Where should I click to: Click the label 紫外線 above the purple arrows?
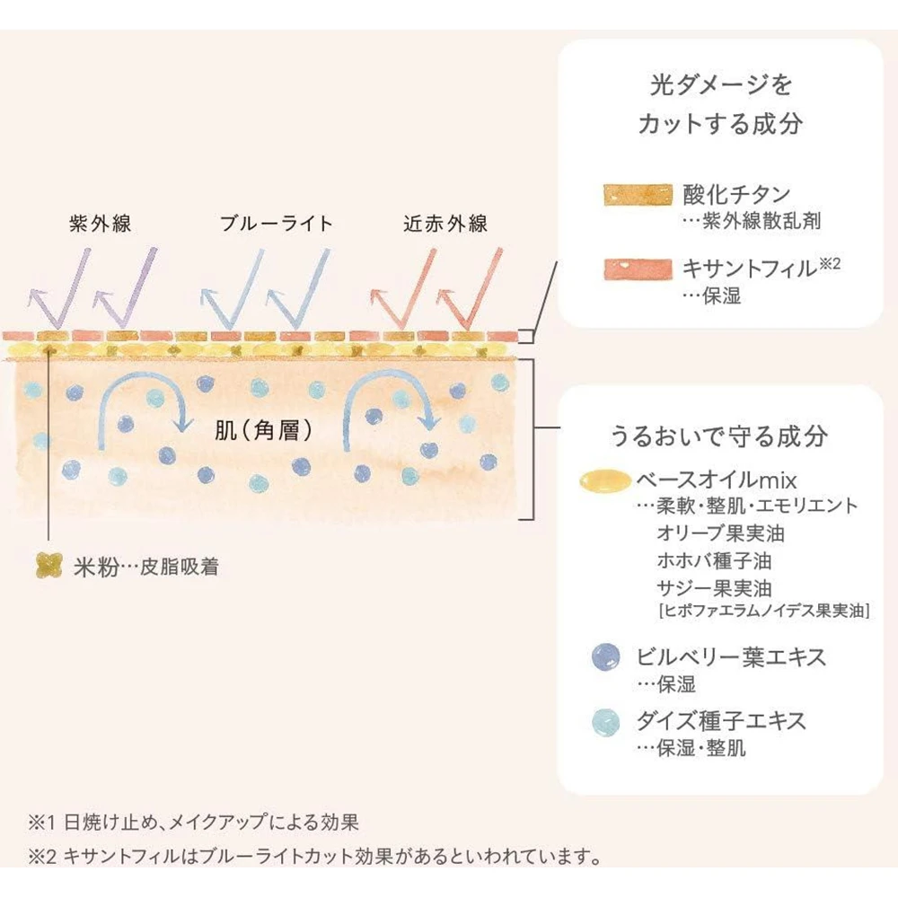(101, 224)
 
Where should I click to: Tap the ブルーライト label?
(276, 224)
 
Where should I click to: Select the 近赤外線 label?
(446, 224)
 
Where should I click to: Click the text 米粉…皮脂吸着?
(144, 567)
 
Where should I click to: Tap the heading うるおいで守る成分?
(718, 436)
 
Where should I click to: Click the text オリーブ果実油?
(721, 533)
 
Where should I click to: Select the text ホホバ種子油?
(714, 561)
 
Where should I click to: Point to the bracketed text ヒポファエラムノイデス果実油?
(763, 612)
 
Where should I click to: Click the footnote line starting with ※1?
(194, 822)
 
